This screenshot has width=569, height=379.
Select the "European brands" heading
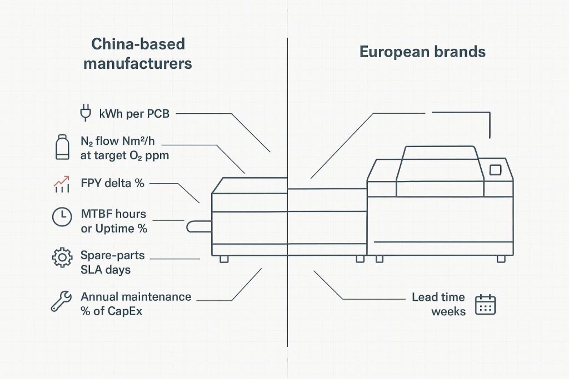point(422,52)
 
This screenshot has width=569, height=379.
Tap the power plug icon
point(85,113)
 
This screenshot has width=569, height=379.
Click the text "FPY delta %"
point(113,183)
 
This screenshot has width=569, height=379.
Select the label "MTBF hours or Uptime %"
point(113,221)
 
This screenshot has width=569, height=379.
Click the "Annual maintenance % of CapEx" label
point(136,304)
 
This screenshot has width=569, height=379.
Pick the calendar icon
point(485,305)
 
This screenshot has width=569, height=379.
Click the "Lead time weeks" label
point(438,304)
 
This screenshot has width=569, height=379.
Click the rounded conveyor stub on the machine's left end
point(198,226)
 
